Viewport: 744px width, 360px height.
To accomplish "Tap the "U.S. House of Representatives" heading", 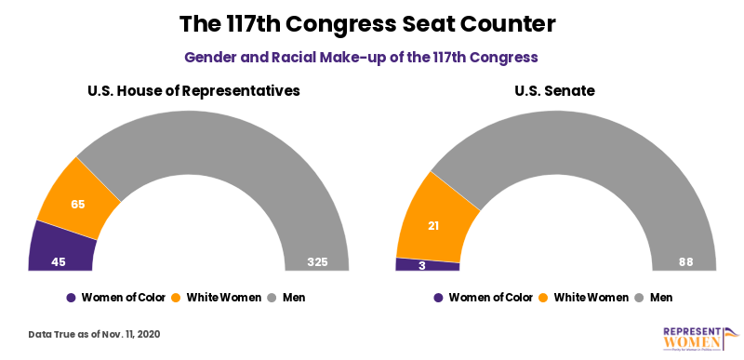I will coord(193,91).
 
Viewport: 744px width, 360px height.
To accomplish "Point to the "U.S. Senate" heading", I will coord(555,91).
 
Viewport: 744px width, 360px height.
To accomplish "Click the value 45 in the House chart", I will coord(58,262).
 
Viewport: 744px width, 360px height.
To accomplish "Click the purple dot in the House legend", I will coord(72,298).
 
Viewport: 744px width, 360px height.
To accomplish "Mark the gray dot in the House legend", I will coord(272,298).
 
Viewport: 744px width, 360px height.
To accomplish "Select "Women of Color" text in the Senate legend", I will coord(490,298).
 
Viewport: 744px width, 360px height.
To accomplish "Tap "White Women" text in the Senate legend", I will coord(591,298).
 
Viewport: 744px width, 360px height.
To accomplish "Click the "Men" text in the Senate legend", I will coord(661,298).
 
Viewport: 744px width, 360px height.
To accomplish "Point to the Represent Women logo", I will coord(699,339).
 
